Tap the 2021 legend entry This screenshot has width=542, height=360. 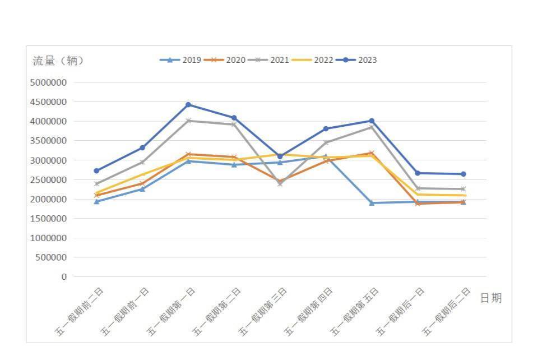click(268, 60)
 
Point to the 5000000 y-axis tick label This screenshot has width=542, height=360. click(48, 82)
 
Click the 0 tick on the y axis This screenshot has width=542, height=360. click(64, 277)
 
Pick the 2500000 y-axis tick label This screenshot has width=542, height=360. click(48, 179)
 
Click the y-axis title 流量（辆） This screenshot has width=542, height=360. click(58, 61)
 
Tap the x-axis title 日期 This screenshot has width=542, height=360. click(490, 298)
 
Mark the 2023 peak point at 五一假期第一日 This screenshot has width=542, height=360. click(188, 105)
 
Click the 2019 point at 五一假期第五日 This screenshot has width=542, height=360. click(372, 203)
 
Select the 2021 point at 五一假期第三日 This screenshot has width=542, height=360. click(280, 183)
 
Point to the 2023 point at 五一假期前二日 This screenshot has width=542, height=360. click(96, 170)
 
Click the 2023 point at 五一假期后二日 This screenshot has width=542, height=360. click(463, 174)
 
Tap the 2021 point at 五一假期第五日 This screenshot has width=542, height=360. click(372, 127)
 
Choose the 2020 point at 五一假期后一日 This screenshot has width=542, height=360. click(418, 204)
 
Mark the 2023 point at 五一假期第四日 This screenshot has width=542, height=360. click(326, 129)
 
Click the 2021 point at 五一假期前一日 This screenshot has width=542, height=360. click(142, 162)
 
